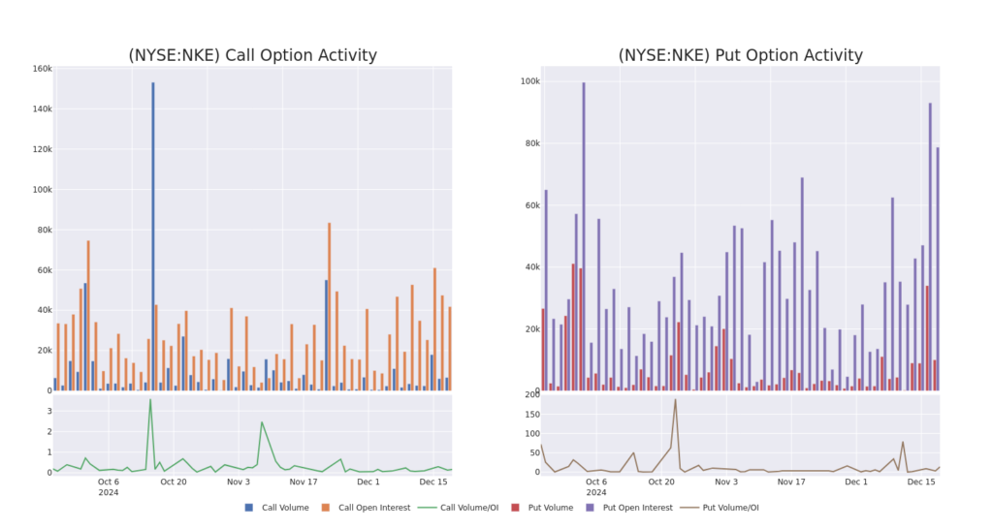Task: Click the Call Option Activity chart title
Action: pos(252,55)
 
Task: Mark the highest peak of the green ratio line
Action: pos(149,400)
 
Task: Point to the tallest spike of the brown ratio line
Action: pos(675,400)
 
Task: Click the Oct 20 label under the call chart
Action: pos(174,482)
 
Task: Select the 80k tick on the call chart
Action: pos(41,230)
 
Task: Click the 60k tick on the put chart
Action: pos(529,205)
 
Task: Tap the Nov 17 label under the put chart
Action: pos(791,482)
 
